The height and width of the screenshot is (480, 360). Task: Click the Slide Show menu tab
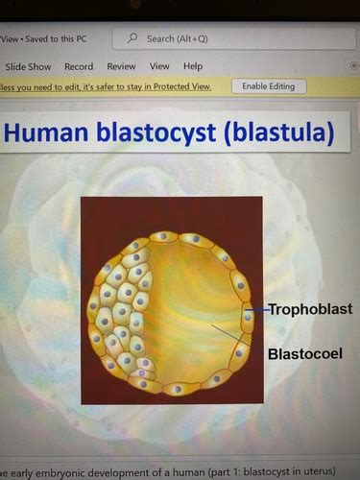(28, 66)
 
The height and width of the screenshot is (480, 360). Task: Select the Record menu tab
(79, 66)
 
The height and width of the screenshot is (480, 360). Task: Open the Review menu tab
(121, 66)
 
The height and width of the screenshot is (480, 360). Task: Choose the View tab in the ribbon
(159, 66)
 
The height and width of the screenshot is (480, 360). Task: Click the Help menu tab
(193, 66)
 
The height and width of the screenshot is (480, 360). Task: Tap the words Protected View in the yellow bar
(193, 86)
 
